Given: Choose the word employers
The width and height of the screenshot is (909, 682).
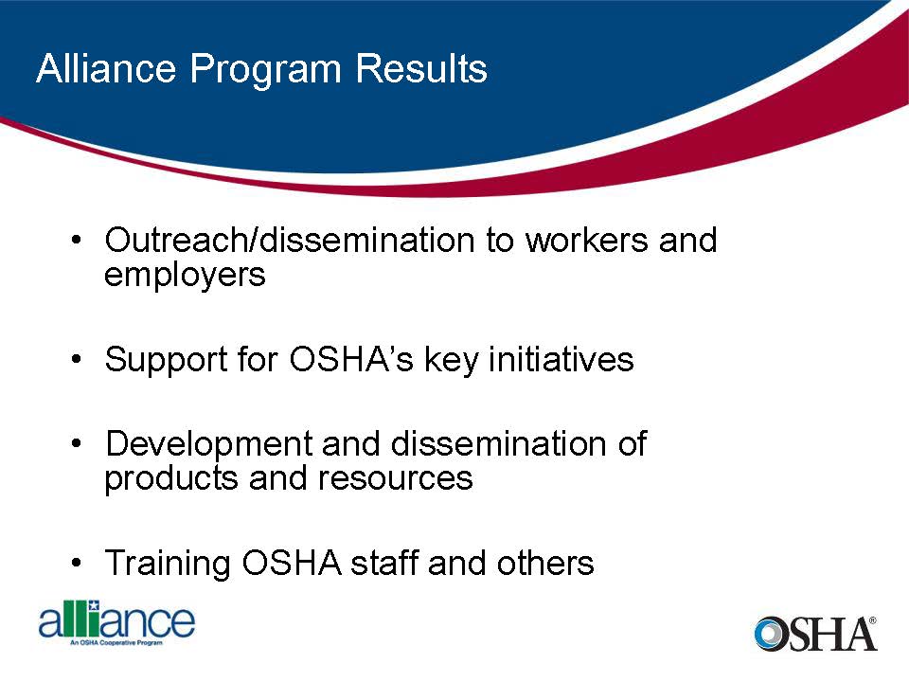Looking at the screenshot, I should pyautogui.click(x=185, y=276).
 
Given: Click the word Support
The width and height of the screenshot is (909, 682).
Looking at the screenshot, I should pyautogui.click(x=168, y=360).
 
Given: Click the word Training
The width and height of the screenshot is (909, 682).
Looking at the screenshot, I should pyautogui.click(x=169, y=564).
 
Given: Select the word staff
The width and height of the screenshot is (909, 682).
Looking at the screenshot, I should pyautogui.click(x=384, y=564).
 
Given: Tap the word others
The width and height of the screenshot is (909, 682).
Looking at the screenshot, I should pyautogui.click(x=545, y=564).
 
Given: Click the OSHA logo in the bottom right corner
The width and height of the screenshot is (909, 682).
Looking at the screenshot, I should pyautogui.click(x=815, y=633).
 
